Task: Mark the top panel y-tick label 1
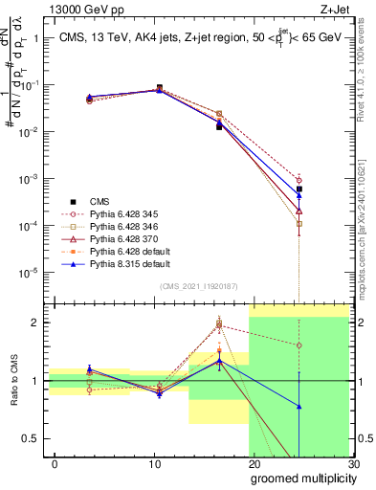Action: coord(35,38)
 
